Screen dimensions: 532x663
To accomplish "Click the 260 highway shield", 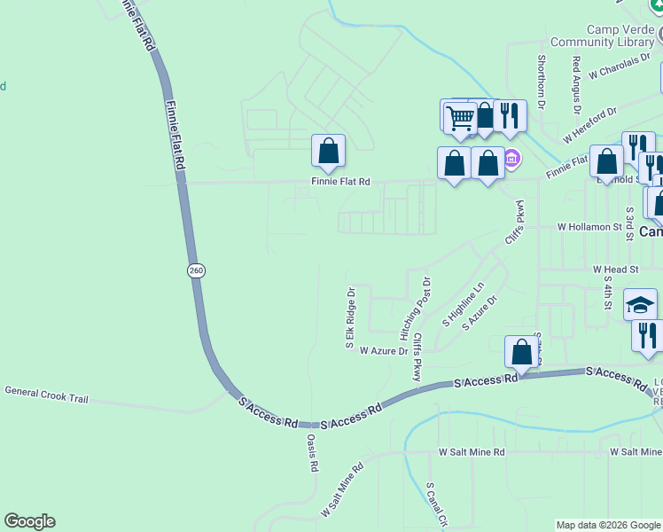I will pyautogui.click(x=196, y=270).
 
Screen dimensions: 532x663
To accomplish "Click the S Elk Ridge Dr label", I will pyautogui.click(x=351, y=317).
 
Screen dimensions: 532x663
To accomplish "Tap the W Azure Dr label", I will pyautogui.click(x=384, y=351).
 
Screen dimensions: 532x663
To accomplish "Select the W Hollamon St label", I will pyautogui.click(x=589, y=227).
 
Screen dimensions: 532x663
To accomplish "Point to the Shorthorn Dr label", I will pyautogui.click(x=541, y=83).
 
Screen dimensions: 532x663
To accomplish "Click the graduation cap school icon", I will pyautogui.click(x=640, y=306).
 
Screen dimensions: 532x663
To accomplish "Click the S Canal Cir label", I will pyautogui.click(x=433, y=505).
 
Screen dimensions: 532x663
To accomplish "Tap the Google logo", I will pyautogui.click(x=29, y=521).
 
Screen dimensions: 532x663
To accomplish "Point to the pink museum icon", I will pyautogui.click(x=511, y=160).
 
